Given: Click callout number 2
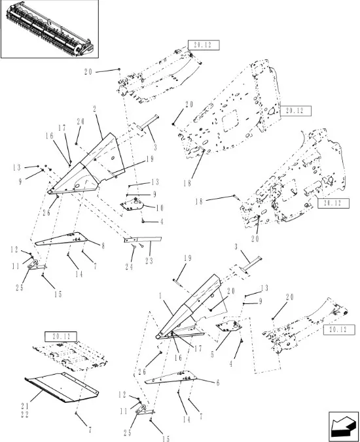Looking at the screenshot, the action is click(x=95, y=109).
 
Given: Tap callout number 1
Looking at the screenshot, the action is click(x=160, y=296).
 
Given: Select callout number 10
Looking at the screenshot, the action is click(x=160, y=208).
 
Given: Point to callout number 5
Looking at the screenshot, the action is click(x=213, y=354).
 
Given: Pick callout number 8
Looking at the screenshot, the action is click(x=103, y=246).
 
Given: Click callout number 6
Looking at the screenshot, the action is click(x=218, y=382).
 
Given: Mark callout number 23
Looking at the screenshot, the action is click(x=149, y=261).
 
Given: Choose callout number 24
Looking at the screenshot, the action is click(x=129, y=267).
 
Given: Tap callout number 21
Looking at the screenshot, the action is click(x=25, y=406).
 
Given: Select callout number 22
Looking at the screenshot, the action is click(x=25, y=415).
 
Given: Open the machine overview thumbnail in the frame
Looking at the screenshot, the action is click(x=50, y=29).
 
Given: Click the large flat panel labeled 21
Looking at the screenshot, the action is click(x=62, y=387).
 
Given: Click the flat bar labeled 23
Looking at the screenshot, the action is click(x=143, y=239).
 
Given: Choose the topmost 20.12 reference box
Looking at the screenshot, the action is click(x=204, y=45).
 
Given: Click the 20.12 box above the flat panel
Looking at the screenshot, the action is click(x=61, y=337).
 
